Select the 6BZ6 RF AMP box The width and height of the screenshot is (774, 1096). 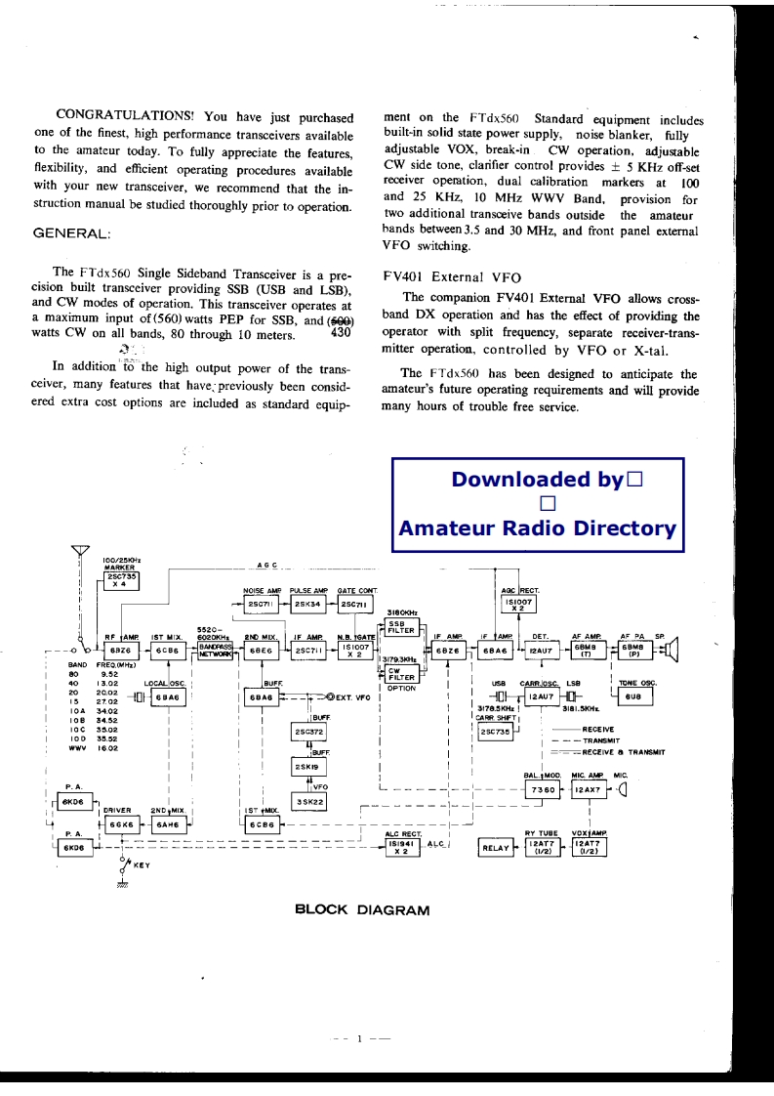(x=119, y=651)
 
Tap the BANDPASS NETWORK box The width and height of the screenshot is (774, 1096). (x=215, y=651)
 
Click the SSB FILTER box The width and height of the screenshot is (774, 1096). (x=403, y=627)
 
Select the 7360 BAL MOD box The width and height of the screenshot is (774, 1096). (x=545, y=788)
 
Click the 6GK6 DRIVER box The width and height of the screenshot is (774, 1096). (x=121, y=823)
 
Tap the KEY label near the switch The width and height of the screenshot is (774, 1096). (x=137, y=864)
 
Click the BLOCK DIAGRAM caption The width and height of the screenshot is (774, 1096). (x=361, y=910)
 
